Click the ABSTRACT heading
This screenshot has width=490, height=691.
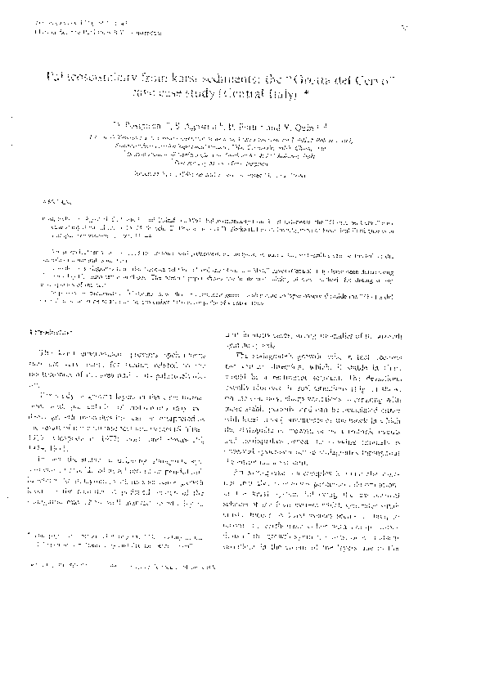pyautogui.click(x=52, y=200)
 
